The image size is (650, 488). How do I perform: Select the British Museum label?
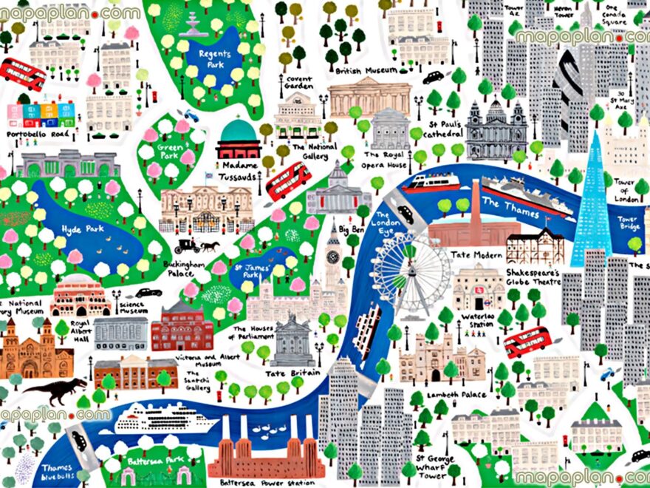click(x=366, y=71)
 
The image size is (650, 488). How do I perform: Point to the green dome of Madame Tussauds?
click(x=238, y=132)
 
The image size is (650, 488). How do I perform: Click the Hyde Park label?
click(x=82, y=229)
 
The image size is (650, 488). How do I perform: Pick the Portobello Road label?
click(x=37, y=135)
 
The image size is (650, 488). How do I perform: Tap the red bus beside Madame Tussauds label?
click(x=289, y=180)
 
